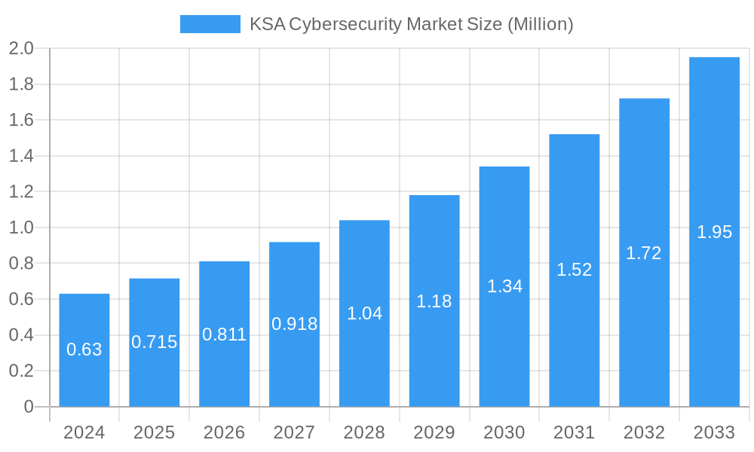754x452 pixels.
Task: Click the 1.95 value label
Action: pos(714,232)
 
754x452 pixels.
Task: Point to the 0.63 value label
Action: pos(84,350)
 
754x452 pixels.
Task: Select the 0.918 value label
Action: pos(294,324)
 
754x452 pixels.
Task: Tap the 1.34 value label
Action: pos(504,286)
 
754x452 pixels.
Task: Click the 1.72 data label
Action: pos(644,253)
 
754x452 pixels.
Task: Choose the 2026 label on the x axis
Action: pos(224,432)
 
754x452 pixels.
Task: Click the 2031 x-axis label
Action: pos(574,432)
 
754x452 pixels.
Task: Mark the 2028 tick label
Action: pos(364,432)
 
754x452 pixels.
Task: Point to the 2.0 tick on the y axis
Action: pos(21,49)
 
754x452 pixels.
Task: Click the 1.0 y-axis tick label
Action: pos(21,228)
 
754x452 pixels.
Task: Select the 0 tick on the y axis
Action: pos(29,407)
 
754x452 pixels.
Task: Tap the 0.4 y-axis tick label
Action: pos(21,335)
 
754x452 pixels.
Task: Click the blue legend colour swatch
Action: pos(210,24)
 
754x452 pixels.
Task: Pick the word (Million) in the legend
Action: pos(540,24)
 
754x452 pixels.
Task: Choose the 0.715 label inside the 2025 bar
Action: pos(155,342)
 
